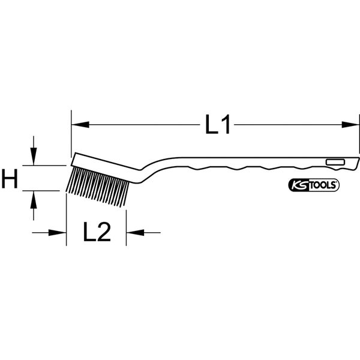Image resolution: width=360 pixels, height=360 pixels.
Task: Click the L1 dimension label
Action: point(217,125)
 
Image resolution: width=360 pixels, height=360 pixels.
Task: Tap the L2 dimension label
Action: point(96,232)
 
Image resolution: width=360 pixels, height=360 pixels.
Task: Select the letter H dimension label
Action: point(11,178)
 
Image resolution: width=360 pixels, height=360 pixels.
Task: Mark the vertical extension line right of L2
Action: point(126,222)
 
